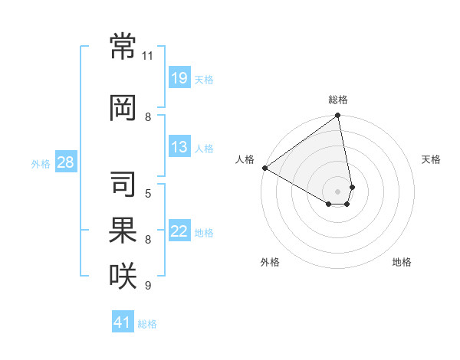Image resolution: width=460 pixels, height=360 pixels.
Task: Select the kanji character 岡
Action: click(123, 108)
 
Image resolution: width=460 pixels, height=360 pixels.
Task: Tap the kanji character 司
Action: click(123, 183)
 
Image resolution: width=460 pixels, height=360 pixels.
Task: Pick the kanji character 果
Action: click(123, 228)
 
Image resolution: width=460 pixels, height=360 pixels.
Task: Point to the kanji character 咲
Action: click(123, 274)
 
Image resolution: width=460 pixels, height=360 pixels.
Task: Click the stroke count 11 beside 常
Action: click(148, 56)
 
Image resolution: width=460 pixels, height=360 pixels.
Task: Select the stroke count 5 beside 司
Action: click(148, 193)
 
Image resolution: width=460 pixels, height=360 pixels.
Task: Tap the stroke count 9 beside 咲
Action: click(148, 286)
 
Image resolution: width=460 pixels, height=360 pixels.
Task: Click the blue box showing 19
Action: click(179, 77)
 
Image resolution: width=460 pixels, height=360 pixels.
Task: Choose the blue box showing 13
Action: click(179, 146)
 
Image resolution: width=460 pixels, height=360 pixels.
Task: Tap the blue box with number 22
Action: click(179, 231)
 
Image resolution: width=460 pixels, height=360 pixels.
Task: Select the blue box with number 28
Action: click(65, 162)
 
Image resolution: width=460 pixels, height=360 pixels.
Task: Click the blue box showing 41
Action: click(123, 322)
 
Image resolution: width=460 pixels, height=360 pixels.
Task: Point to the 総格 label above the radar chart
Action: click(338, 100)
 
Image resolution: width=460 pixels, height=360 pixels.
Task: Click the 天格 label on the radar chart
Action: click(431, 159)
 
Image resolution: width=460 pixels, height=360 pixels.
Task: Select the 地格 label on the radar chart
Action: click(402, 262)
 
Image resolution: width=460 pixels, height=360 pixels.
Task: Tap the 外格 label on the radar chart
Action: click(270, 262)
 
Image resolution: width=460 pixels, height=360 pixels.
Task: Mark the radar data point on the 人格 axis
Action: click(264, 168)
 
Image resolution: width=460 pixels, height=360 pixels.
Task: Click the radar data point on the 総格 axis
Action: click(337, 116)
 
